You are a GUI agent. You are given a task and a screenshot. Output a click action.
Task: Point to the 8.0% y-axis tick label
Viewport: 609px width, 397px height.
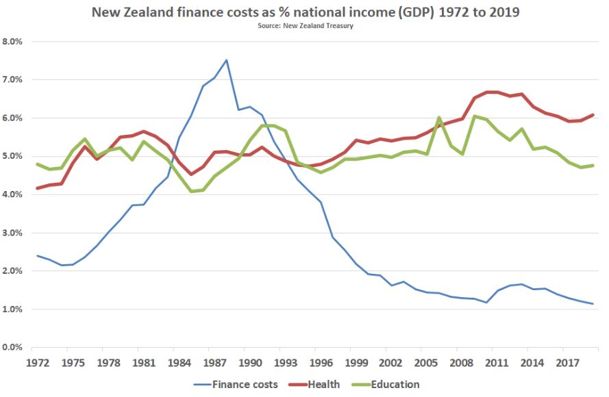click(x=13, y=41)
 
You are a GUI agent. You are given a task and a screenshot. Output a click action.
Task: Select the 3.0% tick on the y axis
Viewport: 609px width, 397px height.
click(x=13, y=233)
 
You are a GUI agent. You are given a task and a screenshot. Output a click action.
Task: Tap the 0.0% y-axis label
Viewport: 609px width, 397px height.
click(x=13, y=348)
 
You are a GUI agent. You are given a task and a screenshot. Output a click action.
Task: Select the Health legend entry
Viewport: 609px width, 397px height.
click(x=324, y=384)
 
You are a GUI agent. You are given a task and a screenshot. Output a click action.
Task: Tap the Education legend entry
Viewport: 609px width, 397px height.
click(x=395, y=384)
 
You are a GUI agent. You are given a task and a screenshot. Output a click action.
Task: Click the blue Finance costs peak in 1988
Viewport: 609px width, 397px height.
click(x=226, y=60)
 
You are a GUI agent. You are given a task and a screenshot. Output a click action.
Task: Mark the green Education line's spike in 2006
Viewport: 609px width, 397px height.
click(x=438, y=118)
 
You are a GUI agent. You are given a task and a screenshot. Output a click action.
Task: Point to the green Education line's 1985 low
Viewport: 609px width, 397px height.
click(x=191, y=191)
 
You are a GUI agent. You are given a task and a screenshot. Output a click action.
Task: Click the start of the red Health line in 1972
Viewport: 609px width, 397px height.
click(x=38, y=188)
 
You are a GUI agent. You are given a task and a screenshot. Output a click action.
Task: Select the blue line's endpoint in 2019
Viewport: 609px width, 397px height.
click(x=591, y=304)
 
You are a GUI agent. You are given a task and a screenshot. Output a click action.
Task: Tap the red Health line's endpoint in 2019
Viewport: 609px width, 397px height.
click(x=591, y=115)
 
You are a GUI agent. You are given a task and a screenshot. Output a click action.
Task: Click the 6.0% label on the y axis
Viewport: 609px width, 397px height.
click(x=13, y=118)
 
